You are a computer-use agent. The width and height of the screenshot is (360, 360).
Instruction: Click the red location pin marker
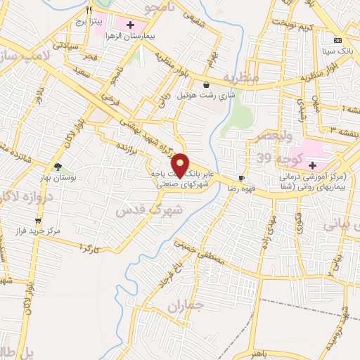point(180,165)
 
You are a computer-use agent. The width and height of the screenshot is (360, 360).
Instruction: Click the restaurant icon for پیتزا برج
point(89,11)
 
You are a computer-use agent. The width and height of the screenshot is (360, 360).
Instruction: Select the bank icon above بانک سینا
point(337,39)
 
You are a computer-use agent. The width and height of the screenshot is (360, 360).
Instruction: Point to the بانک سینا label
point(336,51)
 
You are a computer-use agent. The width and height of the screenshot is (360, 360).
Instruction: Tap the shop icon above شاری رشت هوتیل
point(205,84)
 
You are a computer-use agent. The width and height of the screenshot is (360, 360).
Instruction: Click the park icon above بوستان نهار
point(59,167)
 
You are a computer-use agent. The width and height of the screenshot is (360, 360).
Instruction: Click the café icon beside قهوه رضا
point(242,179)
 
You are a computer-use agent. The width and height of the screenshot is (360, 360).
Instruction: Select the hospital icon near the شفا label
point(312,165)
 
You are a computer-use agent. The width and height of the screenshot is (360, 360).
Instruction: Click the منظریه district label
point(242,76)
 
